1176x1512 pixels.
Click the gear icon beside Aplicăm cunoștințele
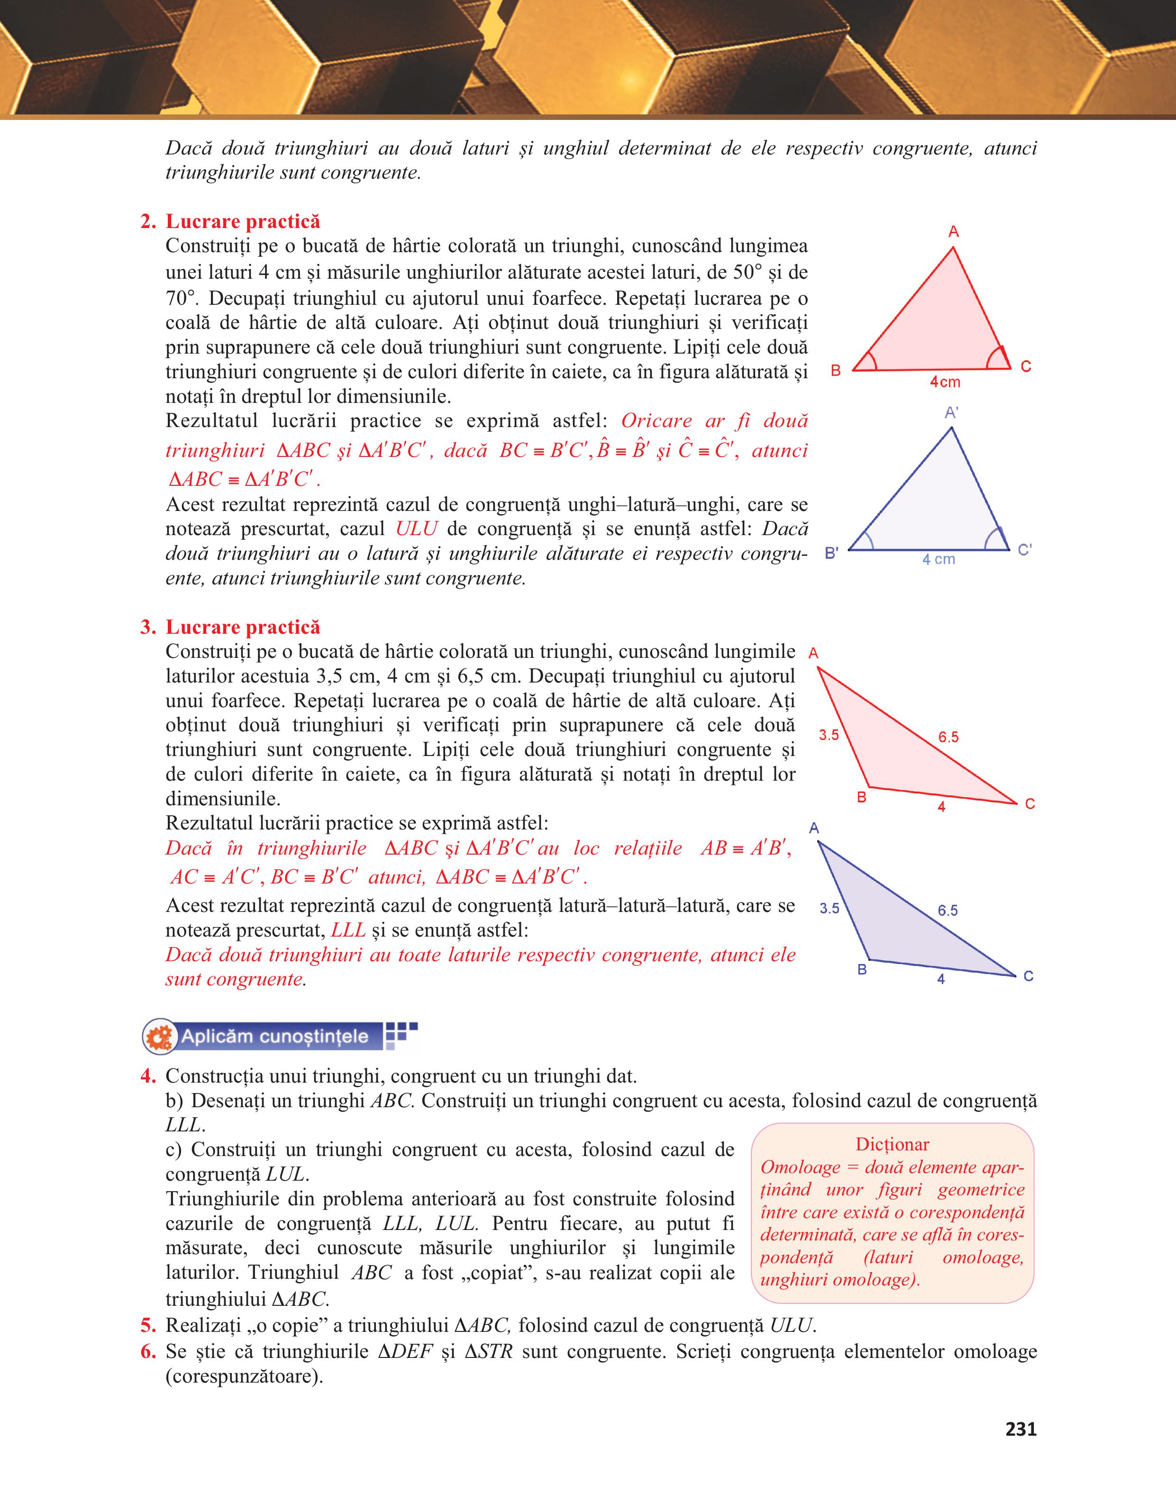(x=160, y=1037)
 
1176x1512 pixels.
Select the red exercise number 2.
(x=147, y=221)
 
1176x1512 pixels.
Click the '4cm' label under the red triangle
(x=945, y=382)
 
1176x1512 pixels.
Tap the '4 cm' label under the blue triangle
(x=938, y=559)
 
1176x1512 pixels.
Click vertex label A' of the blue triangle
(x=952, y=413)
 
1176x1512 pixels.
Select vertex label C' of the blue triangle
(x=1024, y=550)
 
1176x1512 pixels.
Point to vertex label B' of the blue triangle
(x=832, y=554)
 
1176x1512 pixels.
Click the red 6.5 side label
(x=948, y=738)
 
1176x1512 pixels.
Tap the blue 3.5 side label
(x=829, y=908)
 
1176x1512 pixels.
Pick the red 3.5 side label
(x=829, y=735)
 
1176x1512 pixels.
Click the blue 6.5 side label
(x=948, y=911)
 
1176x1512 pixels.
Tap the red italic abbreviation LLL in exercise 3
(x=348, y=930)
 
